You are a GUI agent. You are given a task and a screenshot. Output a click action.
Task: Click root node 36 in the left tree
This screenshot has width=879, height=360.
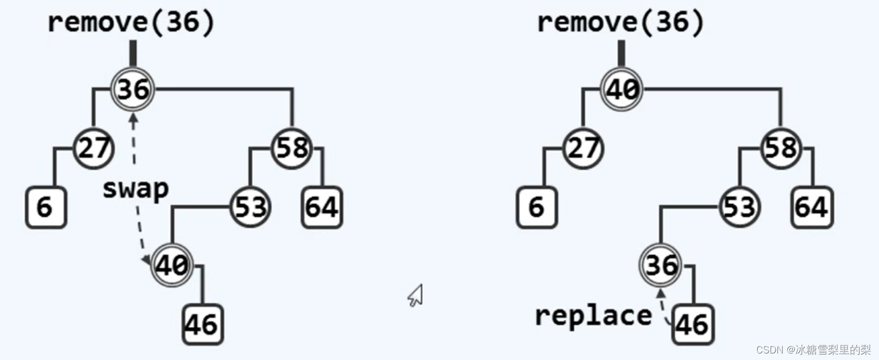(133, 89)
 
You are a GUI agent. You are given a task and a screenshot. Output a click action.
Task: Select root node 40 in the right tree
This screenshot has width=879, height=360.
(621, 89)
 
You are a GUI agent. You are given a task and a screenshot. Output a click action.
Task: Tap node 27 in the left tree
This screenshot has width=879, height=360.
(93, 148)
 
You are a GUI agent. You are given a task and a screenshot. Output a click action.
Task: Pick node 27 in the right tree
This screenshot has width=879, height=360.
(583, 148)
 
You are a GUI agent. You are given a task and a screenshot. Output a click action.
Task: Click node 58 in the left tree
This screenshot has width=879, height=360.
(292, 148)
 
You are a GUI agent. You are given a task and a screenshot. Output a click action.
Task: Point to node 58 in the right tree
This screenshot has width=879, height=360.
(781, 148)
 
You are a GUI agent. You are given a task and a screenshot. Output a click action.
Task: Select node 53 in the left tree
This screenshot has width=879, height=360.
(250, 207)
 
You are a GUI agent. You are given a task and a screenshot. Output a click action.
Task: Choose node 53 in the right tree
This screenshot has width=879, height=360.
(739, 207)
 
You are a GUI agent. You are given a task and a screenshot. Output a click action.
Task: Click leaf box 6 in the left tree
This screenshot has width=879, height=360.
(46, 207)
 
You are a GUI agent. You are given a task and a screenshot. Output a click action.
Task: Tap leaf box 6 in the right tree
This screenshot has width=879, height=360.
(536, 207)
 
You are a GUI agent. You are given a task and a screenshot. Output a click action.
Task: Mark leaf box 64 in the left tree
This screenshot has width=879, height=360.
(322, 207)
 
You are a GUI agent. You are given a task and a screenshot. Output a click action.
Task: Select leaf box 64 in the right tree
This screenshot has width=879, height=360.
(812, 207)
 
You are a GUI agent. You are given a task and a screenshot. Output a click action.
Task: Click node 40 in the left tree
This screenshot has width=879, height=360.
(172, 266)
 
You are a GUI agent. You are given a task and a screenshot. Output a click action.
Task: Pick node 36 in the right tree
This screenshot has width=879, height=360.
(661, 266)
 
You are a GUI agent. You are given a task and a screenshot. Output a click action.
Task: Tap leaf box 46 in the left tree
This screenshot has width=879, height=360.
(203, 325)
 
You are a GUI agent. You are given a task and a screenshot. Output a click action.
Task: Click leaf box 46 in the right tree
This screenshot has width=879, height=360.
(693, 325)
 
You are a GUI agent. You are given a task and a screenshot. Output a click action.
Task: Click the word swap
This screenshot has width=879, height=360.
(135, 189)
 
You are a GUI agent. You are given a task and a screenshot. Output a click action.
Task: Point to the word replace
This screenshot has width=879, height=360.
(593, 315)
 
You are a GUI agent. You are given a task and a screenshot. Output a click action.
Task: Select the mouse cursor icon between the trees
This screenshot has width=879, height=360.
(416, 296)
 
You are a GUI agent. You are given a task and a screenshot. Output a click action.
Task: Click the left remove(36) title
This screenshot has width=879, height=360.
(131, 23)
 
